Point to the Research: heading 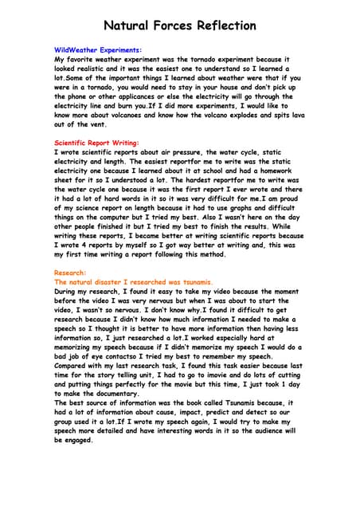pos(71,273)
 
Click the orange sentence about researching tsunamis pos(133,282)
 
